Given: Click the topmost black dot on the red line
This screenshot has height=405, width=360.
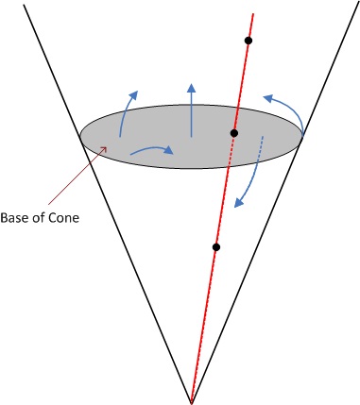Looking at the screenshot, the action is click(249, 41).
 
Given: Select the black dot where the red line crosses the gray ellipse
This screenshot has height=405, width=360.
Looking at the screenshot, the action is click(233, 133).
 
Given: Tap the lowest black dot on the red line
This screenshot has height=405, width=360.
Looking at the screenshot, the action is click(216, 247).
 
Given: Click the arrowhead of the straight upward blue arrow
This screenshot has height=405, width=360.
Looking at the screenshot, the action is click(192, 91).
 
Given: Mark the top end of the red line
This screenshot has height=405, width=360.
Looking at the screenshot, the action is click(252, 13).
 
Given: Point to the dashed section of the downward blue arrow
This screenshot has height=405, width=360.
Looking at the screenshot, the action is click(258, 151).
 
